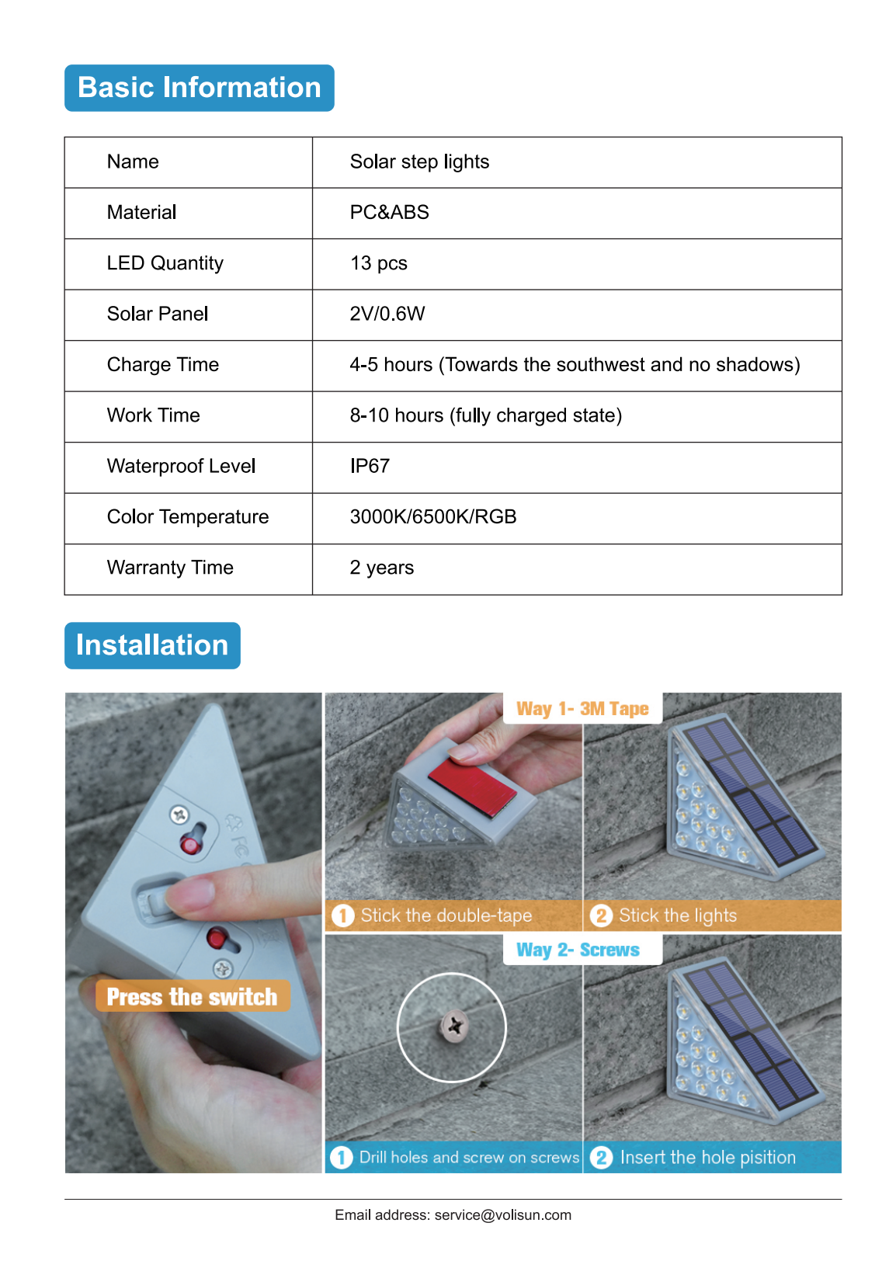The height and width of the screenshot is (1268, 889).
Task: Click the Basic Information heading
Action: pyautogui.click(x=200, y=88)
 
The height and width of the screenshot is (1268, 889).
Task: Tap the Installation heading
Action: pyautogui.click(x=152, y=645)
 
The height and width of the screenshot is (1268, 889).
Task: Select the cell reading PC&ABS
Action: pyautogui.click(x=389, y=213)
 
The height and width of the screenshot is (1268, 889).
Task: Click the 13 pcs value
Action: pyautogui.click(x=378, y=263)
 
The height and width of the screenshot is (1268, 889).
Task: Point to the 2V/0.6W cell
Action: pyautogui.click(x=387, y=314)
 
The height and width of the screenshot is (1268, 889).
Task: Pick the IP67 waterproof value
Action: pyautogui.click(x=370, y=466)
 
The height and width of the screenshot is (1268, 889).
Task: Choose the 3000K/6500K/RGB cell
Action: pyautogui.click(x=432, y=517)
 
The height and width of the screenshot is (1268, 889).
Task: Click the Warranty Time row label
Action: pyautogui.click(x=170, y=568)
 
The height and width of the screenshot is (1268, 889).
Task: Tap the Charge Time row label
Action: pyautogui.click(x=163, y=365)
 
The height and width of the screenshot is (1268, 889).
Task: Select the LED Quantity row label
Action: pyautogui.click(x=165, y=263)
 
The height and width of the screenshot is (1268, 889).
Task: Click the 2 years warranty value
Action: pyautogui.click(x=381, y=568)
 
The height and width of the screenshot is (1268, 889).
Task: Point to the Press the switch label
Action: pyautogui.click(x=192, y=996)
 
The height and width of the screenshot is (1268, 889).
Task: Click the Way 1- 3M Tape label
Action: pyautogui.click(x=582, y=709)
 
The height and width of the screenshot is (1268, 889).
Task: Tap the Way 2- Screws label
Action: pyautogui.click(x=578, y=950)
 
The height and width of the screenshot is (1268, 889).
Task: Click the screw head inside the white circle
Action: pyautogui.click(x=453, y=1027)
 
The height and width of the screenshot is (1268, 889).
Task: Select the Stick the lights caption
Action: pyautogui.click(x=677, y=915)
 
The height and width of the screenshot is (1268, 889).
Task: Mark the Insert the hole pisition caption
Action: pyautogui.click(x=707, y=1157)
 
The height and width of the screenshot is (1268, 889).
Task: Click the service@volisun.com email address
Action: pyautogui.click(x=502, y=1215)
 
